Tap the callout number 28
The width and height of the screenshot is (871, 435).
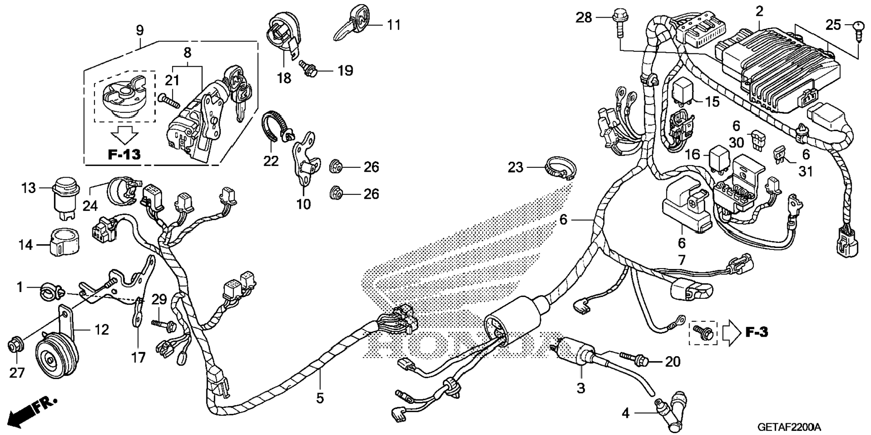click(584, 18)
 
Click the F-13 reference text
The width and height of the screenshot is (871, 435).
click(124, 155)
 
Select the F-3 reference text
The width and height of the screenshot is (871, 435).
click(756, 332)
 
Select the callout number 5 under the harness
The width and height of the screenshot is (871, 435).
click(320, 398)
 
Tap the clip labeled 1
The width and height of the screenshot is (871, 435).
click(48, 288)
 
